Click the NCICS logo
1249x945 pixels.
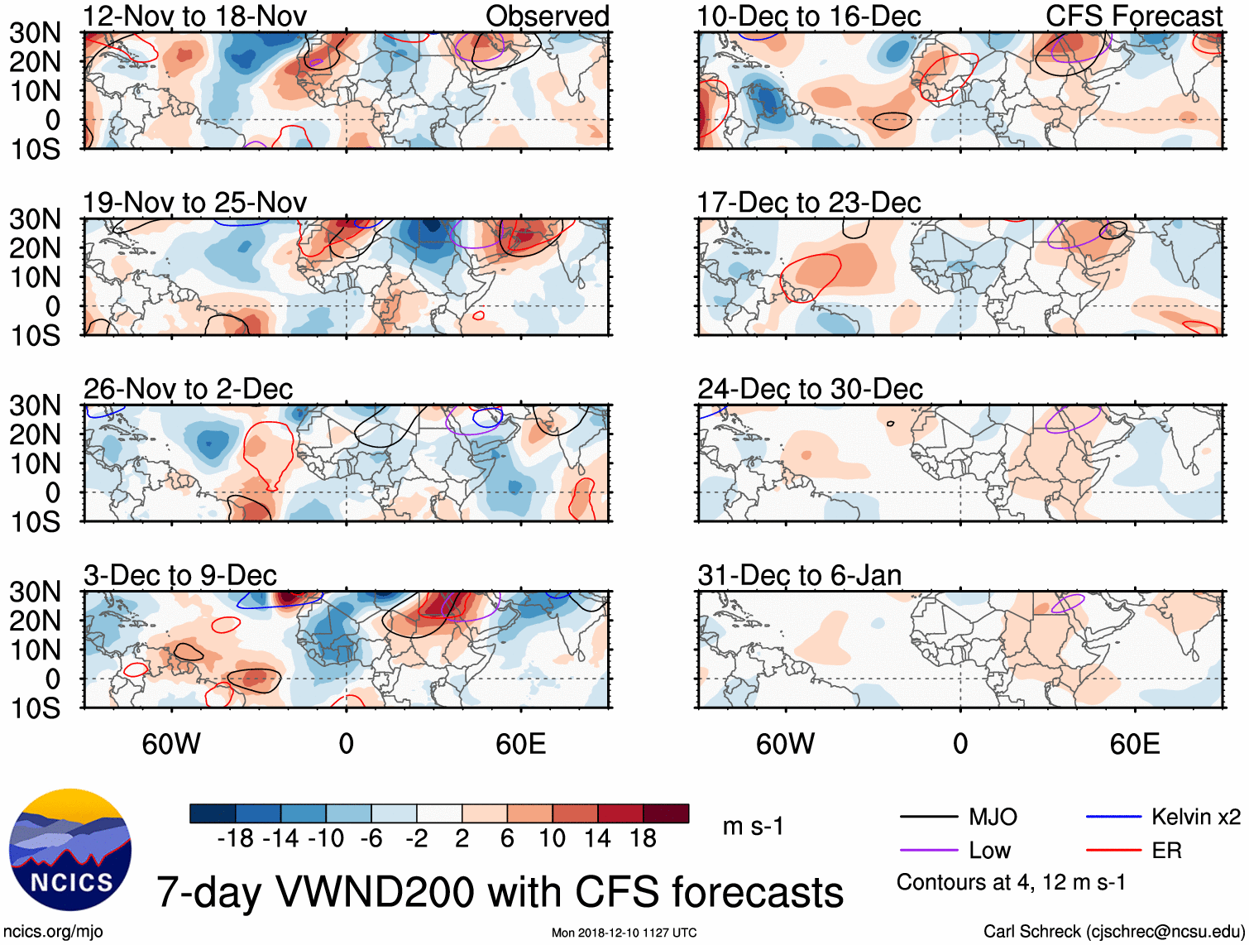click(x=70, y=851)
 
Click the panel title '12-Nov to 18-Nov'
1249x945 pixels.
click(x=194, y=16)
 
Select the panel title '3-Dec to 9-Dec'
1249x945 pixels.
click(x=179, y=575)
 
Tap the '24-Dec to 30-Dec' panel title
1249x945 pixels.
click(x=810, y=389)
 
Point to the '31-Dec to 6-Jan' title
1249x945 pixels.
click(x=799, y=575)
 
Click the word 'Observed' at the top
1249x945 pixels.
click(x=547, y=16)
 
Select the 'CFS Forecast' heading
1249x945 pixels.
click(x=1133, y=16)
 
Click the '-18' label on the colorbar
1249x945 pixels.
click(x=235, y=839)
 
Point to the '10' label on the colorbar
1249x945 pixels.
click(x=552, y=839)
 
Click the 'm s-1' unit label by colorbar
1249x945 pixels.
click(x=753, y=827)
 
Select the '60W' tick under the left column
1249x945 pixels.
click(x=171, y=745)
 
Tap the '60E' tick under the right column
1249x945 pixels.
click(x=1134, y=745)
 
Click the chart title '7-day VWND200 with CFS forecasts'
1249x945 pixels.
click(x=500, y=892)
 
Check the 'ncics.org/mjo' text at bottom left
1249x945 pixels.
click(x=52, y=932)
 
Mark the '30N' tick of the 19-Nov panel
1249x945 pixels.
click(x=35, y=219)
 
